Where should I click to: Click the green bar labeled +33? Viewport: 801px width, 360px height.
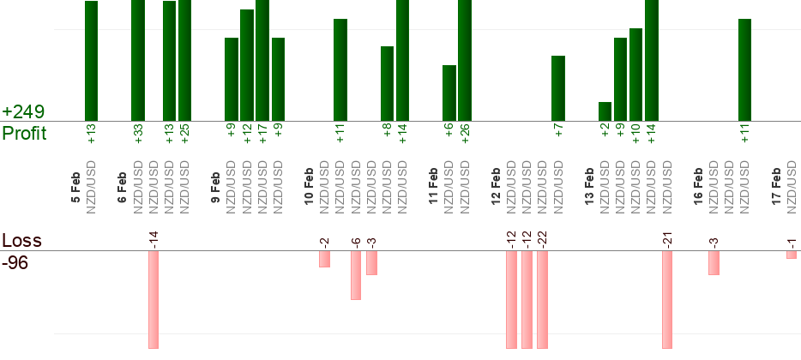137,60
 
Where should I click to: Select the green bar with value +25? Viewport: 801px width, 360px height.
184,60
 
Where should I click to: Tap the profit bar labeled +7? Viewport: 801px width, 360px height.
557,88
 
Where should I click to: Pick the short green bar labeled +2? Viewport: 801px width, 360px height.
605,111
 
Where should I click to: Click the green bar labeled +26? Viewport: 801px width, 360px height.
465,60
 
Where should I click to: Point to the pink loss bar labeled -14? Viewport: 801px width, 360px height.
154,299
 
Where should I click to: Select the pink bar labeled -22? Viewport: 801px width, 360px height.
542,299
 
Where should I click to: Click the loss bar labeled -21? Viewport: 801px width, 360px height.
666,299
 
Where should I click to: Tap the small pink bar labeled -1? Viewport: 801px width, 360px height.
791,255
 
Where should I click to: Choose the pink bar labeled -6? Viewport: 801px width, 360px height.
356,275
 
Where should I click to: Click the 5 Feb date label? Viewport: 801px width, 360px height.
76,188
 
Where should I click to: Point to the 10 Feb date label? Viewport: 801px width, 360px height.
310,186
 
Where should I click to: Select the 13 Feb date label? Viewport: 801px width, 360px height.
589,186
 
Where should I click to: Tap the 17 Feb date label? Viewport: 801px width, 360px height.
776,186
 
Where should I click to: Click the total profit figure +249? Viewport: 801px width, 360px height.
23,112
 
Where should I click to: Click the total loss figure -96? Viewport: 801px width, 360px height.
16,262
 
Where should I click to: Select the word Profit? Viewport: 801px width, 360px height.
24,134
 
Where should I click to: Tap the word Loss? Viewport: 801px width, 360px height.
21,240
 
